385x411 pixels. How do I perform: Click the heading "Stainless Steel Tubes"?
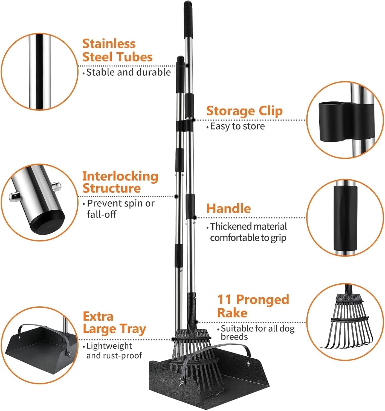[x=117, y=50]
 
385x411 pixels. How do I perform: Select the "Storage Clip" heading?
[x=244, y=111]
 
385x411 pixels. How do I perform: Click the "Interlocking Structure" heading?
[x=120, y=182]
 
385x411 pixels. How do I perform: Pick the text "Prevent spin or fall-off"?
[x=120, y=209]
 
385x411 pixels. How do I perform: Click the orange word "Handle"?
[x=228, y=209]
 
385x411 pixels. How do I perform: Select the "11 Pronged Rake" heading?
[x=253, y=306]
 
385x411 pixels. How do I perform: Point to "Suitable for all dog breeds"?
[x=257, y=332]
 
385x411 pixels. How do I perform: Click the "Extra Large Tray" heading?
[x=114, y=323]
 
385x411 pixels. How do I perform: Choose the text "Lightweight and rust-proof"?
[x=114, y=351]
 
